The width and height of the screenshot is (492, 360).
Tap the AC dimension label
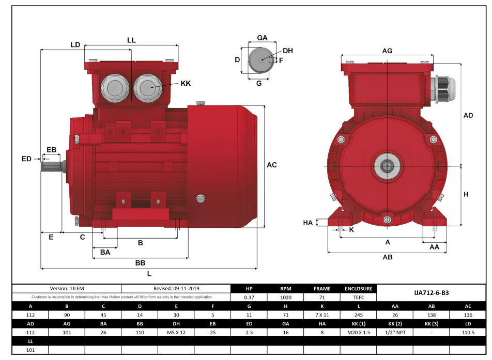tap(272, 165)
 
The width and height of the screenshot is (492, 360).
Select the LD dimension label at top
tap(75, 45)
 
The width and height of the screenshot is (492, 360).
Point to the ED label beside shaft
tap(26, 159)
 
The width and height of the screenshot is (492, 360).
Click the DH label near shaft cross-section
tap(288, 51)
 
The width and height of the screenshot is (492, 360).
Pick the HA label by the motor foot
tap(308, 223)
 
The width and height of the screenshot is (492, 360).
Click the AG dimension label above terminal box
tap(387, 51)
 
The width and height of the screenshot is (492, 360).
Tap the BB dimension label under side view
tap(140, 263)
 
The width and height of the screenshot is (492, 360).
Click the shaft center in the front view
tap(386, 166)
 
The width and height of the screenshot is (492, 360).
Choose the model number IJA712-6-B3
tap(431, 292)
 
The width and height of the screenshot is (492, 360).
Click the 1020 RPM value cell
tap(285, 298)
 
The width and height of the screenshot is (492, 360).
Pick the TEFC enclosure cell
tap(358, 298)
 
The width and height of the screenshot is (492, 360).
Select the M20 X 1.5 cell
tap(358, 333)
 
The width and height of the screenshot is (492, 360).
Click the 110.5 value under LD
tap(468, 333)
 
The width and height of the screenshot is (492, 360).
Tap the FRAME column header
tap(321, 289)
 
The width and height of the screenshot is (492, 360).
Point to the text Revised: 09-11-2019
tap(176, 289)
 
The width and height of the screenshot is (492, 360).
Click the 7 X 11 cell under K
tap(321, 315)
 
